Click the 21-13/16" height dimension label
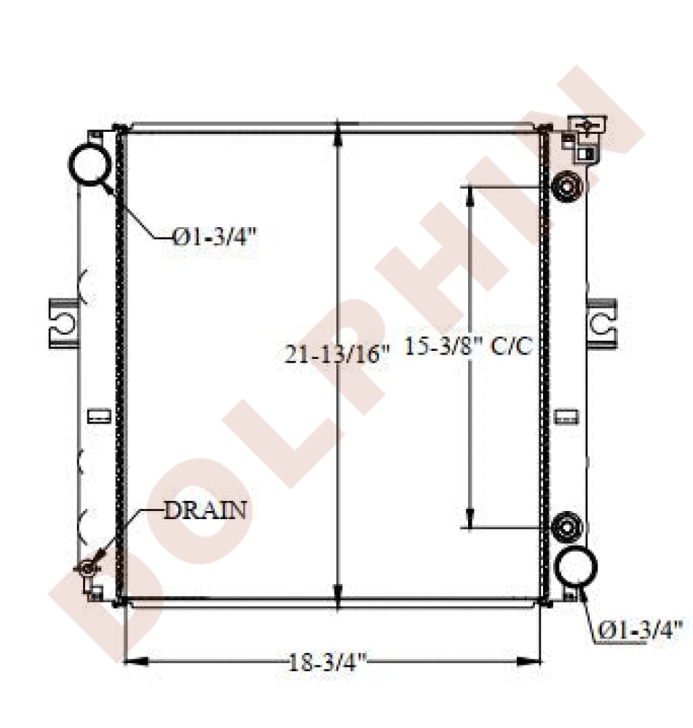point(337,355)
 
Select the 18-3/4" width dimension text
point(328,662)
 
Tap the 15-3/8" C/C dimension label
point(469,346)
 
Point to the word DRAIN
point(205,510)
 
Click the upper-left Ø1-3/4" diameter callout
point(215,238)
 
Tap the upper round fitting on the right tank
point(567,187)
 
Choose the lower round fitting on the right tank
point(567,526)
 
